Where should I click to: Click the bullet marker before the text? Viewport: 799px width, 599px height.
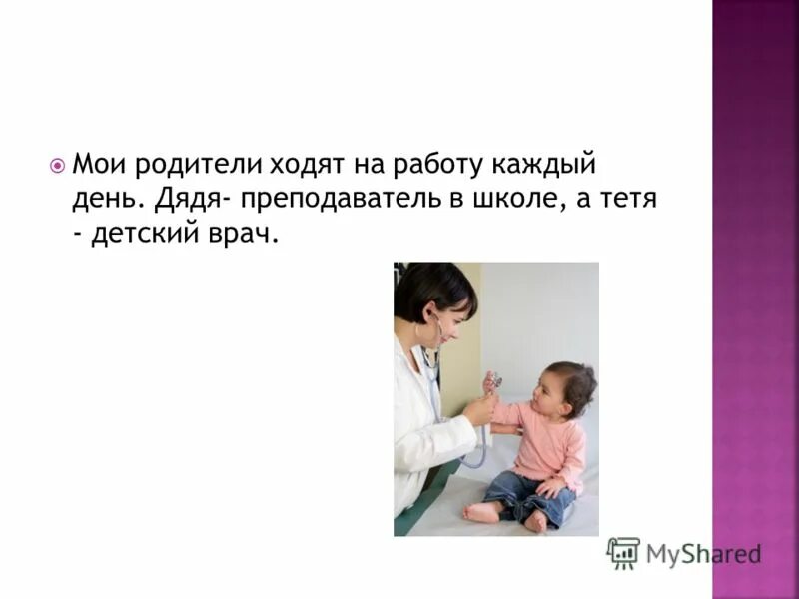(x=57, y=165)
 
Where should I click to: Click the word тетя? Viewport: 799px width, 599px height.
(x=625, y=200)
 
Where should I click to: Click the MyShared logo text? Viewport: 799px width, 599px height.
(x=703, y=554)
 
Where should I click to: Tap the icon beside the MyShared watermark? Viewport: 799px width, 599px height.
(x=623, y=553)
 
